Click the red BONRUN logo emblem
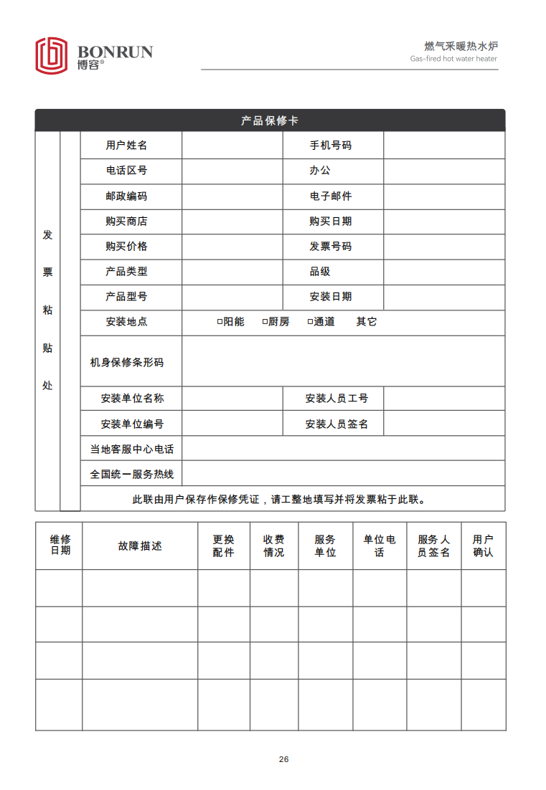point(52,55)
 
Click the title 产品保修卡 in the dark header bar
point(270,120)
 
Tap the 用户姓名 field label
point(126,146)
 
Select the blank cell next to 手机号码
point(444,146)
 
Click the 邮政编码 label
point(126,196)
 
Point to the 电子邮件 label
point(331,196)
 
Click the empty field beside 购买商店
point(232,222)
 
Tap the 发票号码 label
point(331,247)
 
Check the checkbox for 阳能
point(220,322)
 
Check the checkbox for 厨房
point(265,322)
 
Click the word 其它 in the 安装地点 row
point(367,322)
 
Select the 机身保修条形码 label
point(126,363)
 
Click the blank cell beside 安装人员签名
point(444,424)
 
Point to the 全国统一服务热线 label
point(131,475)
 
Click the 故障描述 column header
point(140,546)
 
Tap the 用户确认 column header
point(483,546)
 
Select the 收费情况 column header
point(274,546)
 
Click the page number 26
point(284,759)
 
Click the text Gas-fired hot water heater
point(453,59)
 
